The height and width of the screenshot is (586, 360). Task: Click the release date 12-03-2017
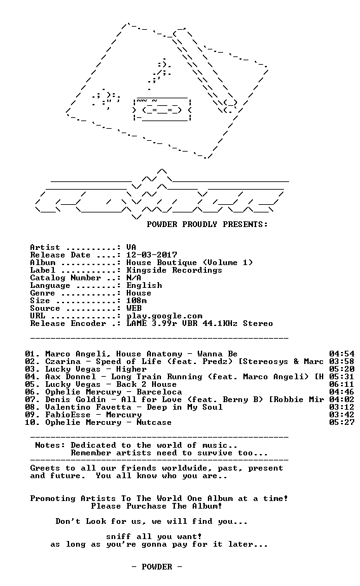coord(151,255)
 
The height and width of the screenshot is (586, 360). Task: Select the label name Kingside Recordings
coord(174,270)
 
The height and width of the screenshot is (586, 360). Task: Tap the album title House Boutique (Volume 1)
coord(190,263)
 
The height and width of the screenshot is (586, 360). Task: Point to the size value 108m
coord(136,301)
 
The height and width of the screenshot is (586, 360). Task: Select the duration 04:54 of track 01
coord(342,354)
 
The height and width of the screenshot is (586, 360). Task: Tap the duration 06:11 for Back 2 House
coord(342,384)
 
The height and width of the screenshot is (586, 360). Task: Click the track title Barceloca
coord(159,392)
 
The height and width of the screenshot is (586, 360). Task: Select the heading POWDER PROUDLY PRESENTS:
coord(207,225)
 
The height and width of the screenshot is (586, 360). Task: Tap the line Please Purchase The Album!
coord(157,506)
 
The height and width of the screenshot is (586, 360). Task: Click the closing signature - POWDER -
coord(157,567)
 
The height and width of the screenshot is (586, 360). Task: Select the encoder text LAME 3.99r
coord(151,323)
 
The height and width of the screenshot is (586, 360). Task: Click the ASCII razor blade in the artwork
coord(162,109)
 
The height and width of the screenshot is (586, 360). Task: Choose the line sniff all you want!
coord(154,537)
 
